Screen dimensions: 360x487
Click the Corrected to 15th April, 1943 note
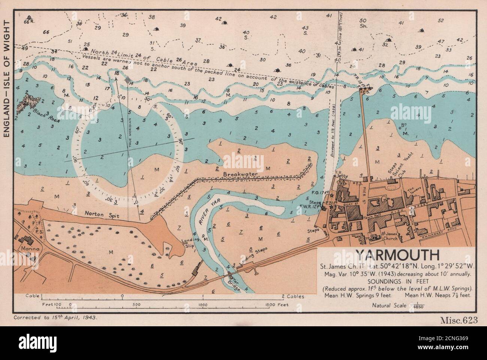pyautogui.click(x=55, y=317)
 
